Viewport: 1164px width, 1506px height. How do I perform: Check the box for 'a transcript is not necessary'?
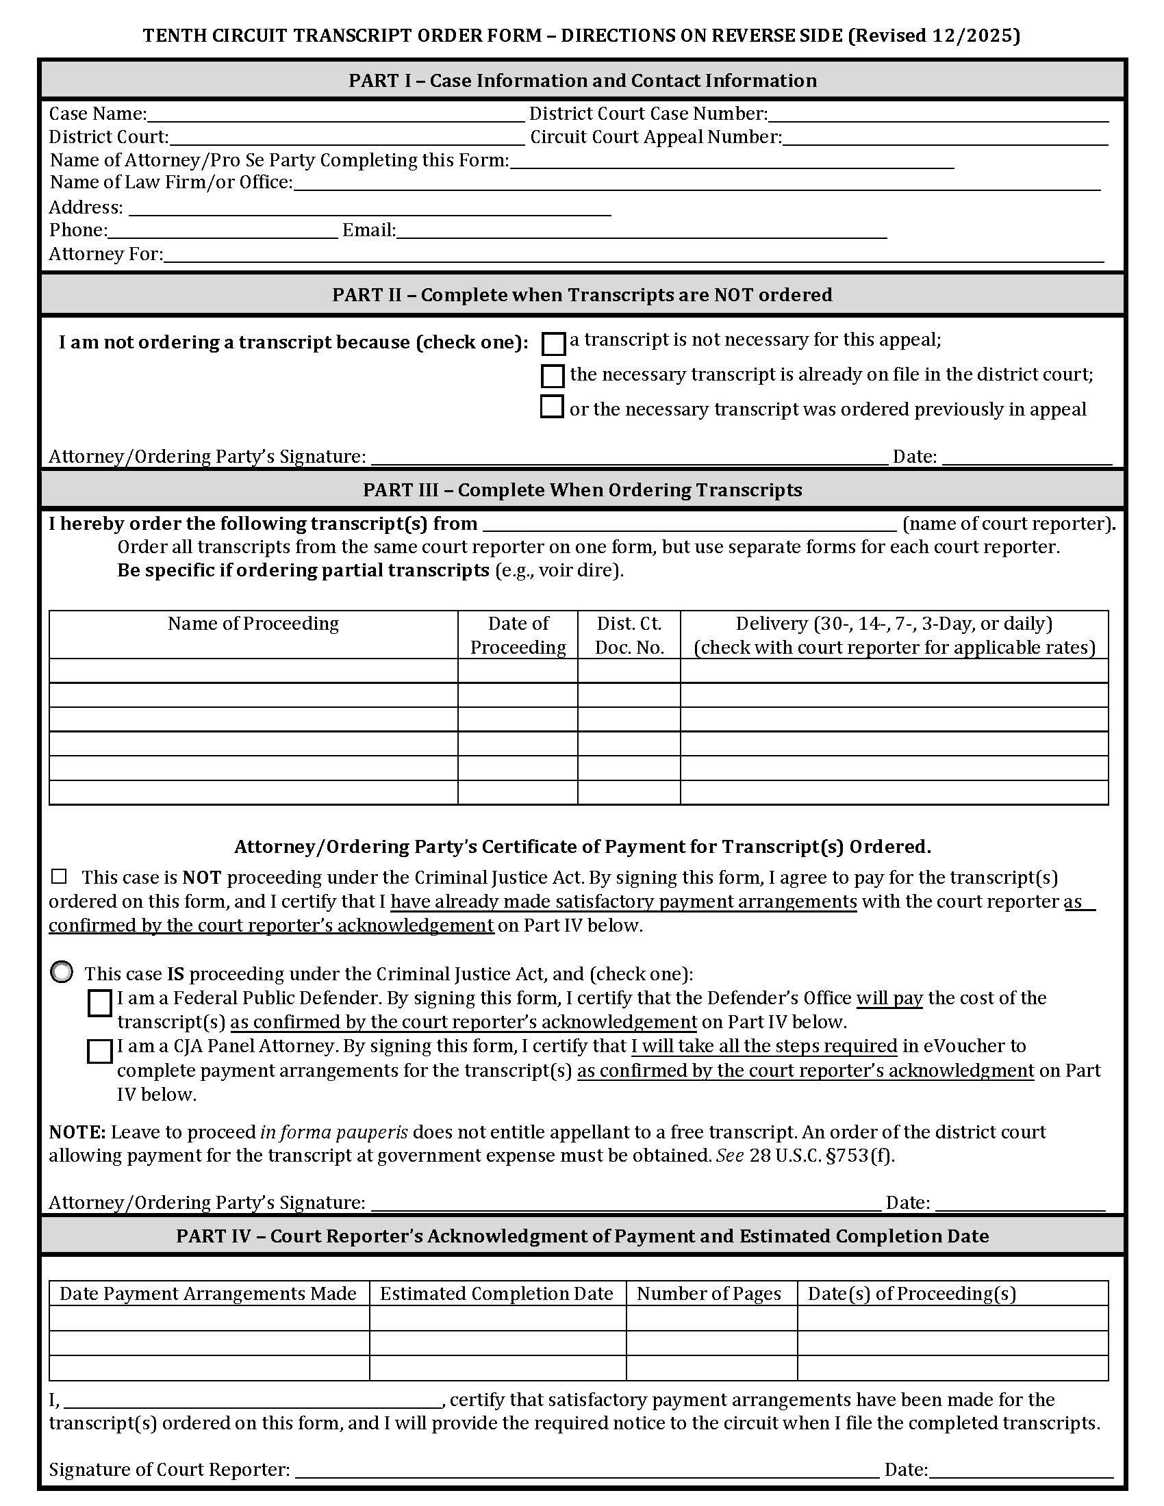[553, 344]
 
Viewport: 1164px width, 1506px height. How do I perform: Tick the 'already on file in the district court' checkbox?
[553, 376]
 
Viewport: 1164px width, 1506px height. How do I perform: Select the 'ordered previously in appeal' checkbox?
[552, 407]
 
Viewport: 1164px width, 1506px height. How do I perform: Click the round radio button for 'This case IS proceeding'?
[62, 972]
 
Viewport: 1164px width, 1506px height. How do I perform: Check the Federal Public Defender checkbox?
[100, 1004]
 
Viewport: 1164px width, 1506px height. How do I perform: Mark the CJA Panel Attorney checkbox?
[100, 1051]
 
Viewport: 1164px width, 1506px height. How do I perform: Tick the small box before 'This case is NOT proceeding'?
[60, 876]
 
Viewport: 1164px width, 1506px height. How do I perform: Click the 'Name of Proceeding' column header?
[253, 624]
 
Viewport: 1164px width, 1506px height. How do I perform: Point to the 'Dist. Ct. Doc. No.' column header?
[629, 635]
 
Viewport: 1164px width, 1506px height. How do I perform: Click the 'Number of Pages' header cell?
[709, 1294]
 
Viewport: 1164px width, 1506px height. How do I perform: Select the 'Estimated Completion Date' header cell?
[496, 1294]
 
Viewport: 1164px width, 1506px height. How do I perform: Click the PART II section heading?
[582, 295]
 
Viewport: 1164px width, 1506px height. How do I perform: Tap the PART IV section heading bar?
[582, 1236]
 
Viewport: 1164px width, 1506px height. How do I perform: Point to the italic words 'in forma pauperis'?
[333, 1132]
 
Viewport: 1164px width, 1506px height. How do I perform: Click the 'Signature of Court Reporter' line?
[586, 1470]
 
